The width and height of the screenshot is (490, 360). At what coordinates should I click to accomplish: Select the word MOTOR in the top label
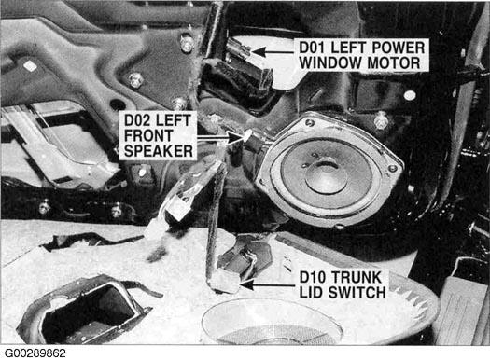pos(394,62)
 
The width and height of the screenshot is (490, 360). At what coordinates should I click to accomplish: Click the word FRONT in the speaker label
pos(148,136)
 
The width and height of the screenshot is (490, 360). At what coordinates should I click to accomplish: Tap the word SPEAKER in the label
pos(159,151)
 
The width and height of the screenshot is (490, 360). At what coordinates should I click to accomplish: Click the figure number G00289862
pos(35,353)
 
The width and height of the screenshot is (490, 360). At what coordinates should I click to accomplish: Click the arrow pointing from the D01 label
pos(274,51)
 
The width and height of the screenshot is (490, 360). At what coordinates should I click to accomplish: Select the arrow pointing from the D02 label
pos(219,137)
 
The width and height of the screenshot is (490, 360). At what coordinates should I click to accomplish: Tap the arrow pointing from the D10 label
pos(268,284)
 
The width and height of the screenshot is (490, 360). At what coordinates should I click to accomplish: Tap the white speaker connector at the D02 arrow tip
pos(247,135)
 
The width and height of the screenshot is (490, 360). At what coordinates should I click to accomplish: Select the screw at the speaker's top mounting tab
pos(310,123)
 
